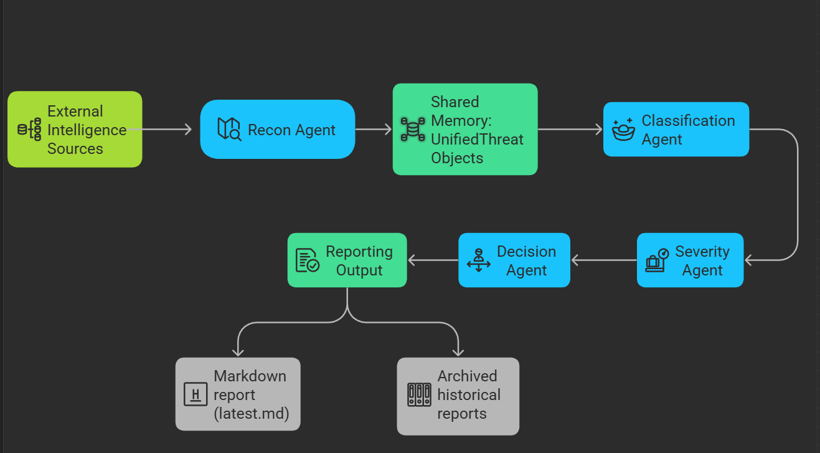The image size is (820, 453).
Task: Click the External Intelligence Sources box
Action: click(75, 129)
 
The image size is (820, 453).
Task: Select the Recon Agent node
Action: click(278, 129)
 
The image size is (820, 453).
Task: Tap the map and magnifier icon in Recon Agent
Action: click(229, 129)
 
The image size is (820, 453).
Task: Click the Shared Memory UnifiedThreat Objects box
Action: click(465, 129)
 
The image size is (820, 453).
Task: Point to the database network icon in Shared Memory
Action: click(413, 129)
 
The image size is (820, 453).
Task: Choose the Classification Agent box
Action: click(676, 129)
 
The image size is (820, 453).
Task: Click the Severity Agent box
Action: click(690, 260)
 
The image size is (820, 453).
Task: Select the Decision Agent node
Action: click(514, 260)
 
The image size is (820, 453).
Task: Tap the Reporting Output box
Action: click(347, 260)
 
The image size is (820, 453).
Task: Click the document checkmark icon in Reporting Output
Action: click(308, 260)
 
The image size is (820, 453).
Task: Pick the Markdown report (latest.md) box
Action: click(238, 394)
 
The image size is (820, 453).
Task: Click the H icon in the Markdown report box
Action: click(196, 394)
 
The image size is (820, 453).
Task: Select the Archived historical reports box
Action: click(458, 396)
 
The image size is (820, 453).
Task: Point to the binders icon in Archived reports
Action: click(419, 395)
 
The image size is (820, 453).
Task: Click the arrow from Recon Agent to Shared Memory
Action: click(374, 129)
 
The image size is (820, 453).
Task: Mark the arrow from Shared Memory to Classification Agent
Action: click(570, 129)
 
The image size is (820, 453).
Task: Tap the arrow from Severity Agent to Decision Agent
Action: click(604, 260)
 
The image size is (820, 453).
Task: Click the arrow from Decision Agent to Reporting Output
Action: click(433, 260)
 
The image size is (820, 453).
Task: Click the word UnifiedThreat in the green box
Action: click(477, 139)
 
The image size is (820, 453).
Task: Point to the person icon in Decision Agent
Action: click(479, 260)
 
